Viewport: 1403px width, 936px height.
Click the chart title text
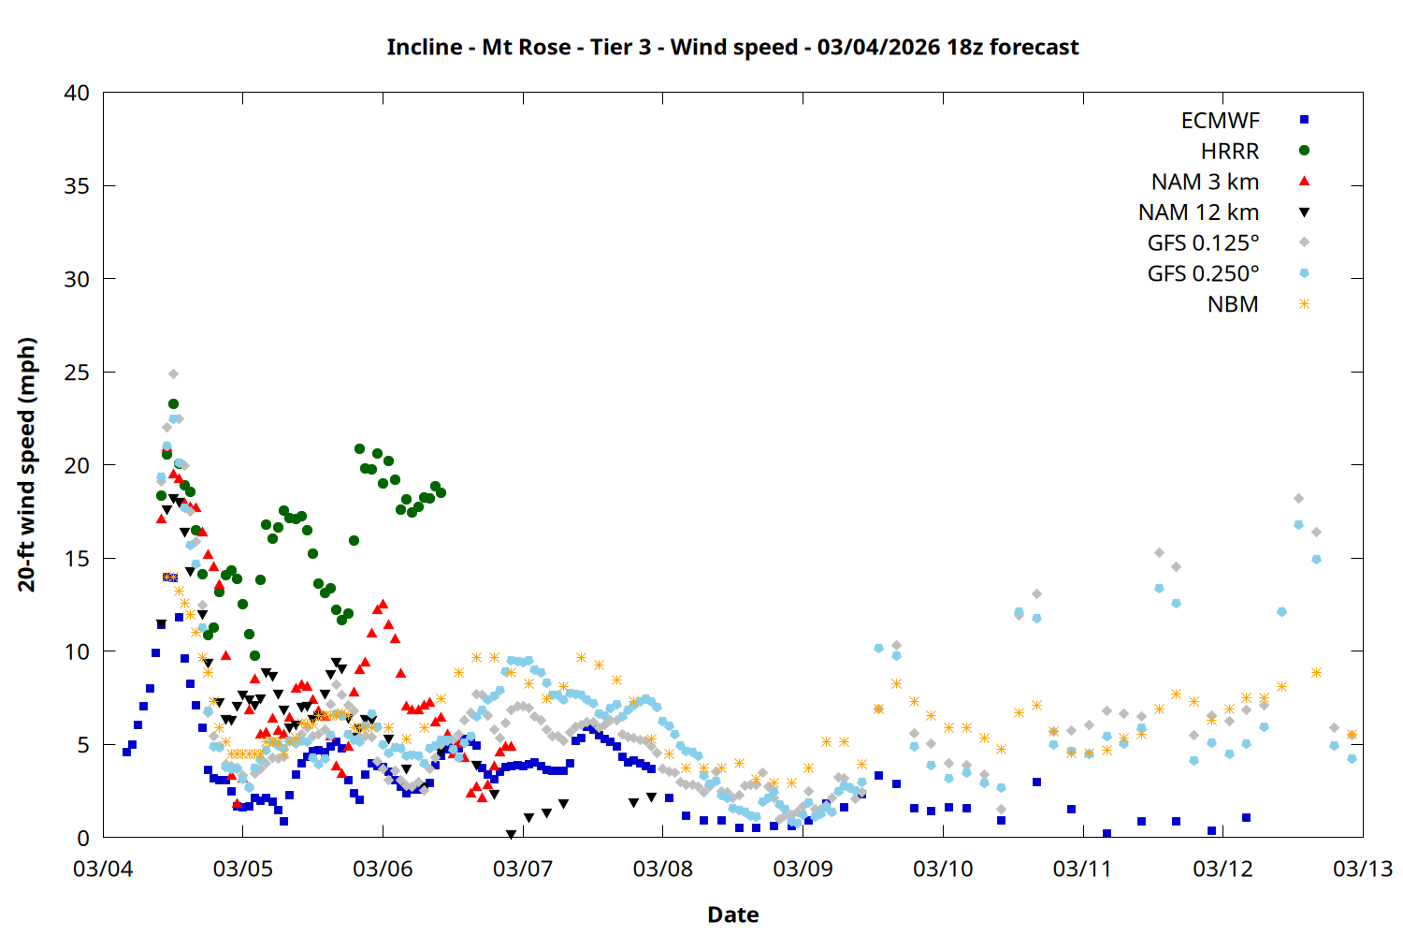(x=732, y=47)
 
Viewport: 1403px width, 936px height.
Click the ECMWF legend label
(x=1220, y=121)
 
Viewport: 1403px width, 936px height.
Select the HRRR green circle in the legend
(x=1304, y=151)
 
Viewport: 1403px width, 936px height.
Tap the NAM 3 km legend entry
(x=1205, y=182)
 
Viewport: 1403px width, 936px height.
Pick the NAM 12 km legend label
(x=1198, y=212)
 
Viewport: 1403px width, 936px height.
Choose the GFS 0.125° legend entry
(x=1203, y=243)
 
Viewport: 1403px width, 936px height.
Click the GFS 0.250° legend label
(x=1203, y=274)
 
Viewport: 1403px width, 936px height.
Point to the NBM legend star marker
(x=1304, y=304)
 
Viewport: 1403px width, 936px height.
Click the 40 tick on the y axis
(x=77, y=93)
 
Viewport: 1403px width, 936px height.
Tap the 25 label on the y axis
(x=77, y=373)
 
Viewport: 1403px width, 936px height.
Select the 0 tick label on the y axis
(x=83, y=838)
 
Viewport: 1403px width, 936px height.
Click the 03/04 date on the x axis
(x=103, y=869)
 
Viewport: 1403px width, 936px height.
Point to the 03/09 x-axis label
(x=803, y=869)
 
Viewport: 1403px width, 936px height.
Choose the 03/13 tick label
(x=1362, y=869)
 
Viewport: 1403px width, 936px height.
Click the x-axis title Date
(x=732, y=914)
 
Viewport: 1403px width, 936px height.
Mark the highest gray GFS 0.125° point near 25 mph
(x=173, y=374)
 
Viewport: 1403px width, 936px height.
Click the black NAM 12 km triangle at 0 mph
(x=511, y=834)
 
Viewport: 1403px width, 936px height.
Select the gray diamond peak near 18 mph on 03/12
(x=1298, y=499)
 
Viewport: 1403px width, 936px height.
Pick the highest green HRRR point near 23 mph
(x=173, y=404)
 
